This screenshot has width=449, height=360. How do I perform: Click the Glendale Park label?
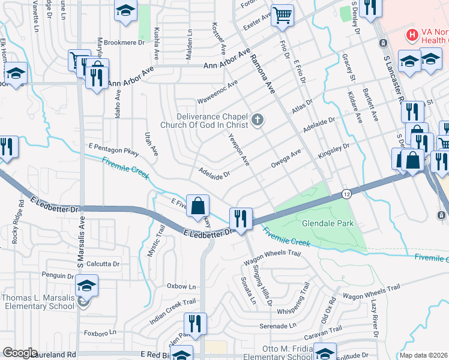(x=328, y=224)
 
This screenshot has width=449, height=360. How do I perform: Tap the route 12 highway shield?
(x=347, y=194)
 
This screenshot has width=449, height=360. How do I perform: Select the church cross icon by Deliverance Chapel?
(x=258, y=120)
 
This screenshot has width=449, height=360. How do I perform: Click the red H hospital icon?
(x=412, y=34)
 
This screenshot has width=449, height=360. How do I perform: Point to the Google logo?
(x=20, y=353)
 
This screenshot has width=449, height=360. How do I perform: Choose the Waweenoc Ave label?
(x=217, y=91)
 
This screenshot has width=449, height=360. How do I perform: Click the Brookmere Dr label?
(x=125, y=43)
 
